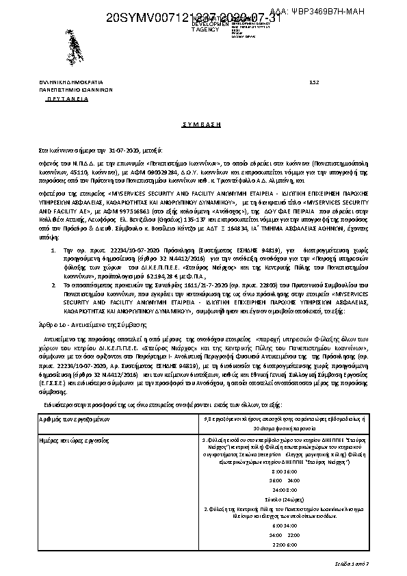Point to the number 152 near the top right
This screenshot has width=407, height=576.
click(314, 81)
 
